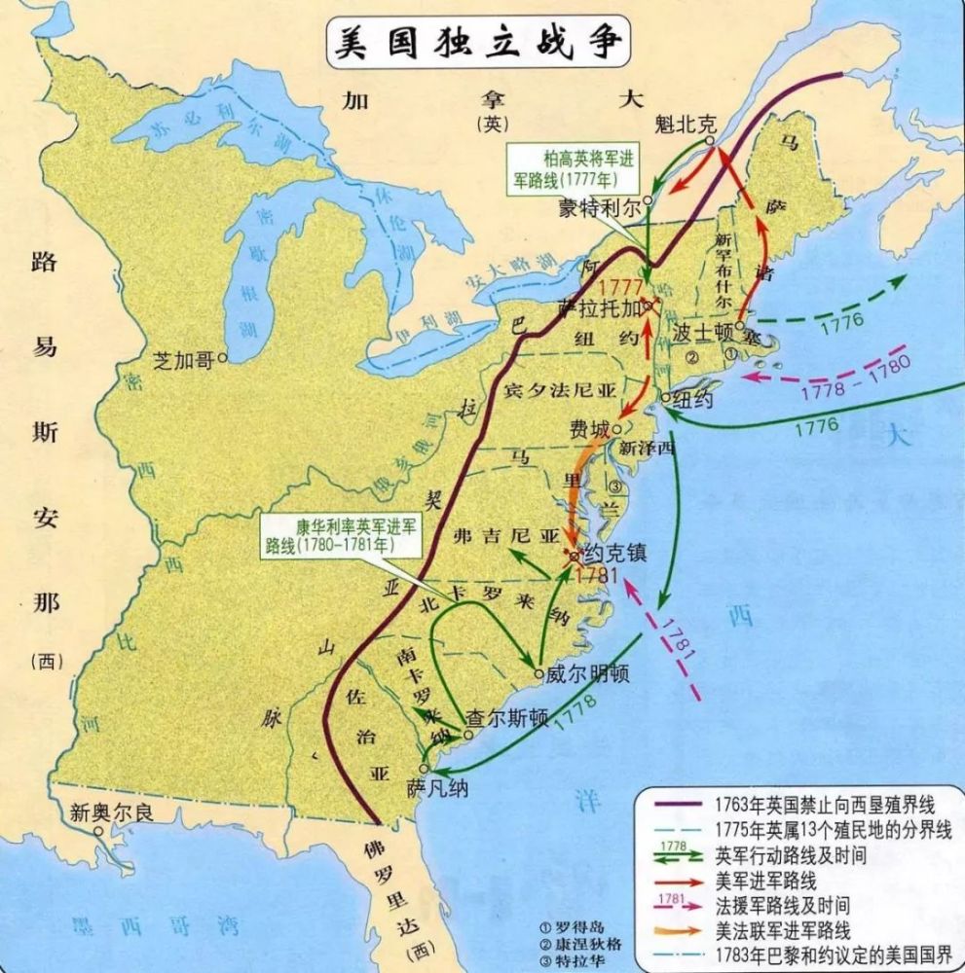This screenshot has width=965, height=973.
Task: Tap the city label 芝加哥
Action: [x=184, y=358]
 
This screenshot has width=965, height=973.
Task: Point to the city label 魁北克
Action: [x=684, y=125]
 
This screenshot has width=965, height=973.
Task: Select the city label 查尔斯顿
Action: [x=505, y=717]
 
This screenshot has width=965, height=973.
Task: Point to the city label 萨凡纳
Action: [x=437, y=788]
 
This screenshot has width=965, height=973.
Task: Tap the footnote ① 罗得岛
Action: [x=576, y=922]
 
